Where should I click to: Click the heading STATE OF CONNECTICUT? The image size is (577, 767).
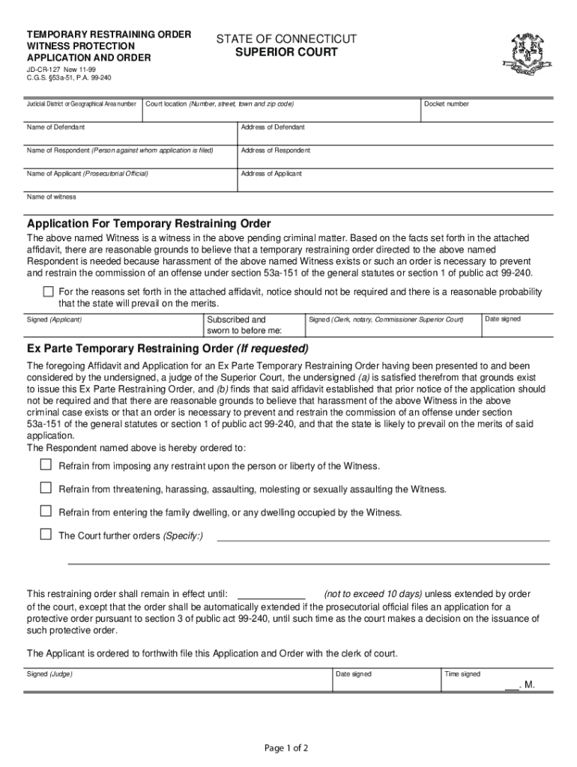[x=286, y=39]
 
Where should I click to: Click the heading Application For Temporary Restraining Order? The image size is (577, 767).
[x=148, y=224]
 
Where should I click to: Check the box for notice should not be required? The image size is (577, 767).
[x=49, y=291]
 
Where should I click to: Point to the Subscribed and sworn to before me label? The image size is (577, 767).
[x=244, y=324]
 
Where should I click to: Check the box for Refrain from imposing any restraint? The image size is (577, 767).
[x=46, y=465]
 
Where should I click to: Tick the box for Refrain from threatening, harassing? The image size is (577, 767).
[x=46, y=488]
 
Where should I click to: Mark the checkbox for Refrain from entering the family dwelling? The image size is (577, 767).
[x=46, y=512]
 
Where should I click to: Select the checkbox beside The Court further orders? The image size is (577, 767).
[x=46, y=535]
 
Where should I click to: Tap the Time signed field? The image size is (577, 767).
[x=495, y=682]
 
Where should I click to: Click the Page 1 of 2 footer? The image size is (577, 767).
[x=288, y=748]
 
